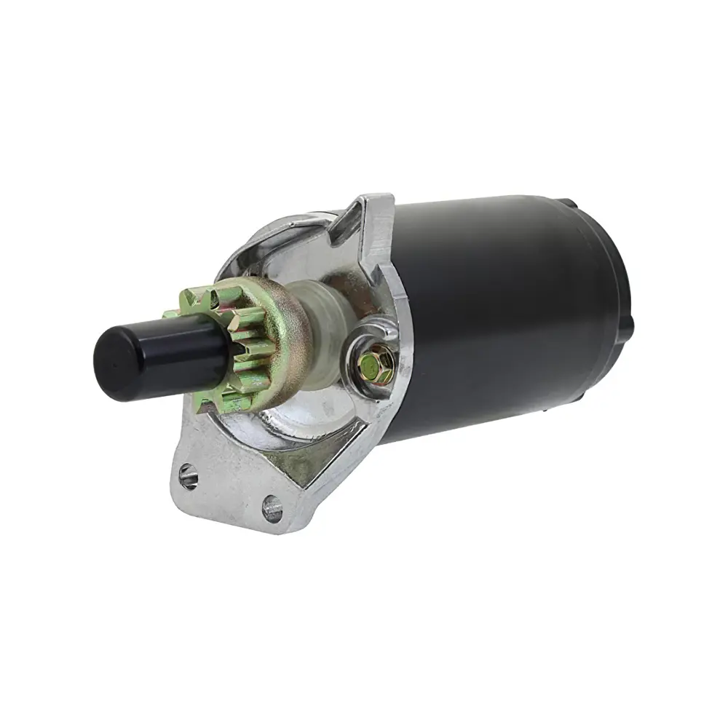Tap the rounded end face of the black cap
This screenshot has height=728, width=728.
pyautogui.click(x=116, y=356)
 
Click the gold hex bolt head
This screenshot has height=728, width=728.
pyautogui.click(x=371, y=368)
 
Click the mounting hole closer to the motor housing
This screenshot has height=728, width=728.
pyautogui.click(x=272, y=507)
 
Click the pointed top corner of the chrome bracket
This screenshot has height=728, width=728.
pyautogui.click(x=379, y=198)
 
